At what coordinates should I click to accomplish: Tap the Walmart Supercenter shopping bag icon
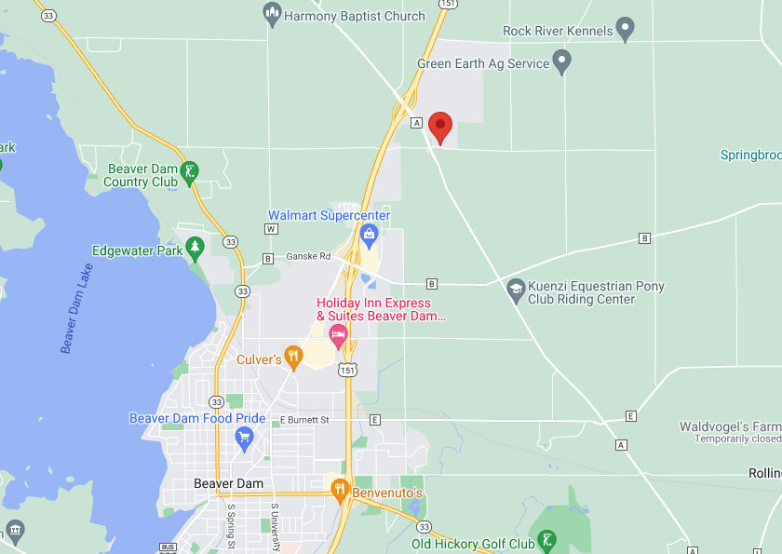(369, 234)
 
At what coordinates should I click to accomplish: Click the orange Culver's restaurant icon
(293, 354)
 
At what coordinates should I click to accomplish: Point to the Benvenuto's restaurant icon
(340, 487)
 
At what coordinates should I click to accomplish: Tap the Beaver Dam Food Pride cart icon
(245, 437)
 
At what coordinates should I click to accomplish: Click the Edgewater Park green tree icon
(195, 247)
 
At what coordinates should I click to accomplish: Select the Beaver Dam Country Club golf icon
(190, 170)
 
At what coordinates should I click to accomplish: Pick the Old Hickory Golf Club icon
(547, 539)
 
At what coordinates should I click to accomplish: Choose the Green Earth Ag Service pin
(561, 61)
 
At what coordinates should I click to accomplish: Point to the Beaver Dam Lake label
(77, 308)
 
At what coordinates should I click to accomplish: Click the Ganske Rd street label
(308, 256)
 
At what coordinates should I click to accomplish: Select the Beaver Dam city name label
(228, 483)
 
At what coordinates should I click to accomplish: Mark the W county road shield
(271, 228)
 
